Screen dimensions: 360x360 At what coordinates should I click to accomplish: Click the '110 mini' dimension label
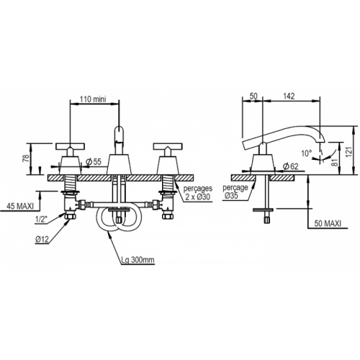tap(93, 99)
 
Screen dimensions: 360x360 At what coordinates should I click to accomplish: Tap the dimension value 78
tap(26, 158)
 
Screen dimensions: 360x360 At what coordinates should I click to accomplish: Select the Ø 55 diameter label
tap(94, 162)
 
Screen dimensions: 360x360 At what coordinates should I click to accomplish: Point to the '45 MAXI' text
tap(20, 207)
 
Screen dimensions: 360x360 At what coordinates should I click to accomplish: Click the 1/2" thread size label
tap(40, 220)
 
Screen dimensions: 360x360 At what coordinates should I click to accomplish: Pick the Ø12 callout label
tap(42, 239)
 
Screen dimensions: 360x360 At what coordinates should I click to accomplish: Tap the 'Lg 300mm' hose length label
tap(138, 260)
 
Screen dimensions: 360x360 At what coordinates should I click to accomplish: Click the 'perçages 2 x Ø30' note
tap(198, 193)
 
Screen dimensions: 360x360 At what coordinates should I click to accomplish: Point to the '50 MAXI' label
tap(328, 223)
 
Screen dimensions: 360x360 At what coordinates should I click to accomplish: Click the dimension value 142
tap(289, 96)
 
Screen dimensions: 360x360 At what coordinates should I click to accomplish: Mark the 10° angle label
tap(307, 153)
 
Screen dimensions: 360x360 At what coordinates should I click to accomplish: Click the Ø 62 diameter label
tap(290, 166)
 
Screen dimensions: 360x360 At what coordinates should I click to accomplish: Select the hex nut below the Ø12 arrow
tap(71, 216)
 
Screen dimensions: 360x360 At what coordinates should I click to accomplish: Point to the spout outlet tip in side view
tap(321, 142)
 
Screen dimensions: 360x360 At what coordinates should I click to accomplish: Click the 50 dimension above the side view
tap(253, 96)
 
